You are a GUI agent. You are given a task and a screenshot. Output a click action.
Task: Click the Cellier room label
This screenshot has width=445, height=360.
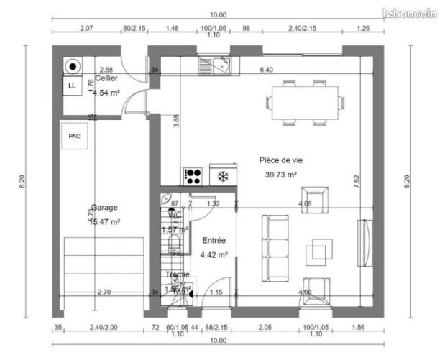pyautogui.click(x=107, y=80)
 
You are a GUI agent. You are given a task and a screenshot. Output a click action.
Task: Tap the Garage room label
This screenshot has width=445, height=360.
pyautogui.click(x=104, y=208)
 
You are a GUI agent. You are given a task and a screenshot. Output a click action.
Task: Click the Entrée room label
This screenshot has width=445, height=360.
pyautogui.click(x=214, y=241)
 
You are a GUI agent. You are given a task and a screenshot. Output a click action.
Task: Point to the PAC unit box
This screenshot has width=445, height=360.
pyautogui.click(x=75, y=136)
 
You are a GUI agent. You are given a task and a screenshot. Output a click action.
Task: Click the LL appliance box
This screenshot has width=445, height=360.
pyautogui.click(x=71, y=86)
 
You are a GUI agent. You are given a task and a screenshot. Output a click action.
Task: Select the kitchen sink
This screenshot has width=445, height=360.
pyautogui.click(x=215, y=67)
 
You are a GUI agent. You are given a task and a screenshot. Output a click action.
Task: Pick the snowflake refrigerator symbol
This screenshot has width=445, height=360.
pyautogui.click(x=223, y=176)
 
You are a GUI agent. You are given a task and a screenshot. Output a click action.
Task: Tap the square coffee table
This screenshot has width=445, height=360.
pyautogui.click(x=319, y=252)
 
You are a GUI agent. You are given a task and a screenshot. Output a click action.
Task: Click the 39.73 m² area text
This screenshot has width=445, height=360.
pyautogui.click(x=281, y=175)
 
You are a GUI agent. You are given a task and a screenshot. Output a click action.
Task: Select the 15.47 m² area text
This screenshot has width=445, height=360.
pyautogui.click(x=104, y=222)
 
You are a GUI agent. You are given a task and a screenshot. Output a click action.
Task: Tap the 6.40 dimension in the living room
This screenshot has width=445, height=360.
pyautogui.click(x=267, y=70)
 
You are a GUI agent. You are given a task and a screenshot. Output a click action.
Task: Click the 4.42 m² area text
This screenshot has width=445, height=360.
pyautogui.click(x=214, y=254)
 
